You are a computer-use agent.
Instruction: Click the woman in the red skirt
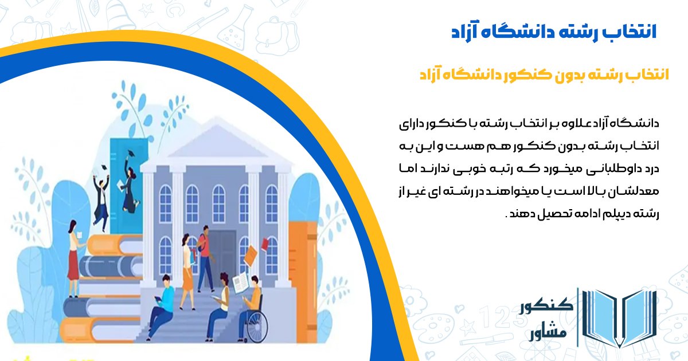[x=73, y=261]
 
